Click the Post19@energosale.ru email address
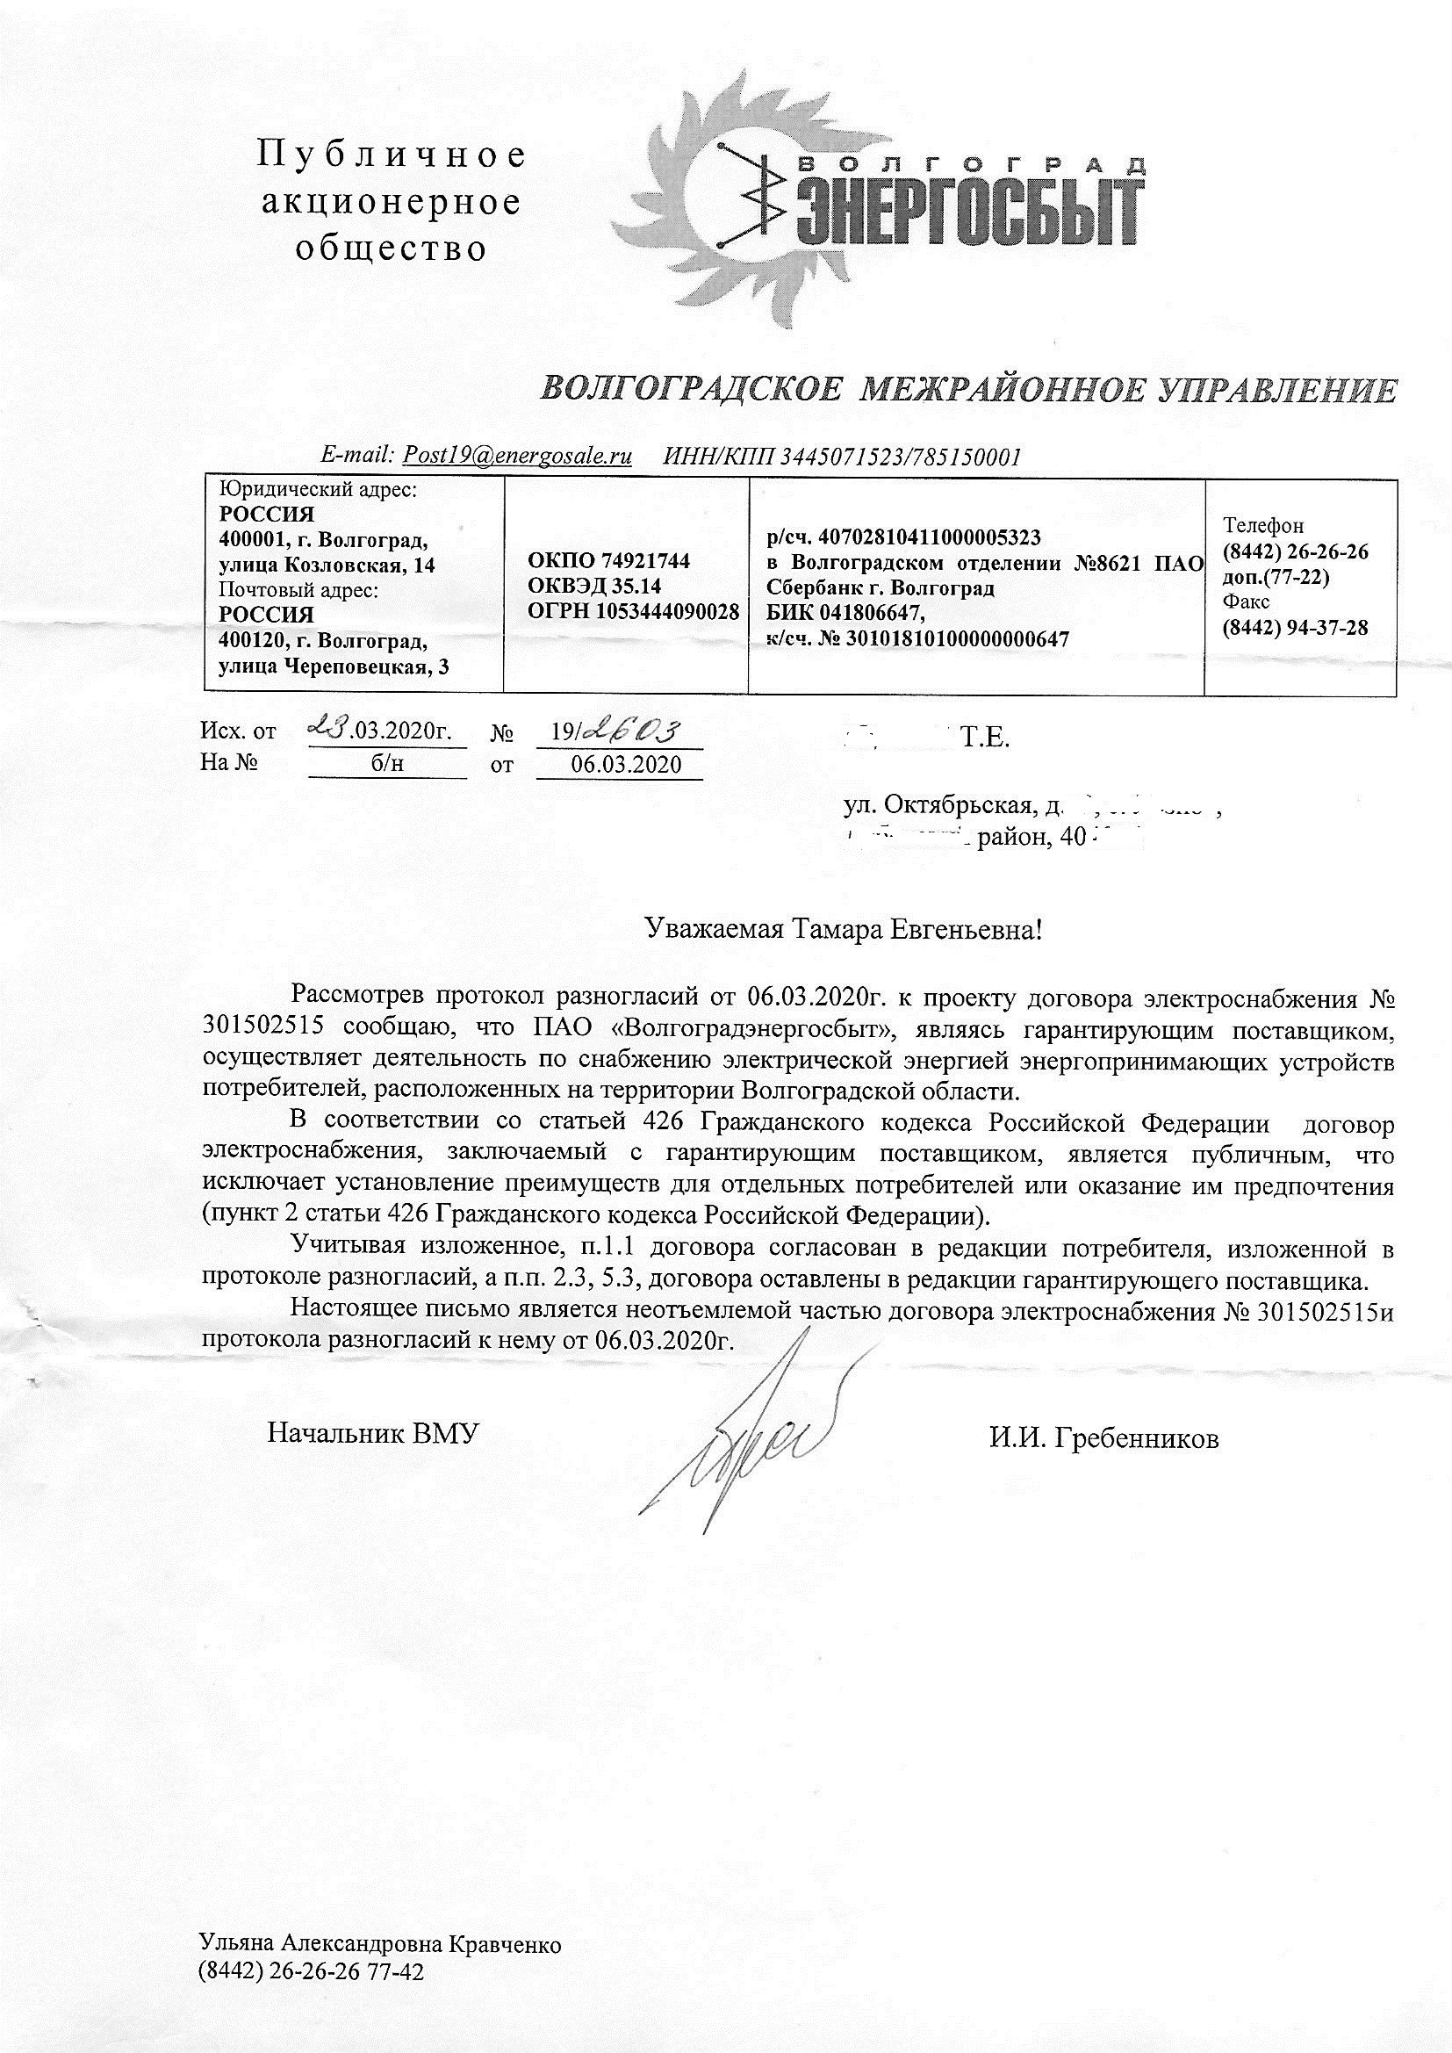[x=518, y=456]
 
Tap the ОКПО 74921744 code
[x=609, y=560]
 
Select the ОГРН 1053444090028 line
[x=633, y=612]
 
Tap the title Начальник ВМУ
[x=374, y=1433]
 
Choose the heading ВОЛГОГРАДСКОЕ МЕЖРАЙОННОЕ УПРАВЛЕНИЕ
[x=969, y=389]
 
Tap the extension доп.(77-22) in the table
[x=1276, y=577]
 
